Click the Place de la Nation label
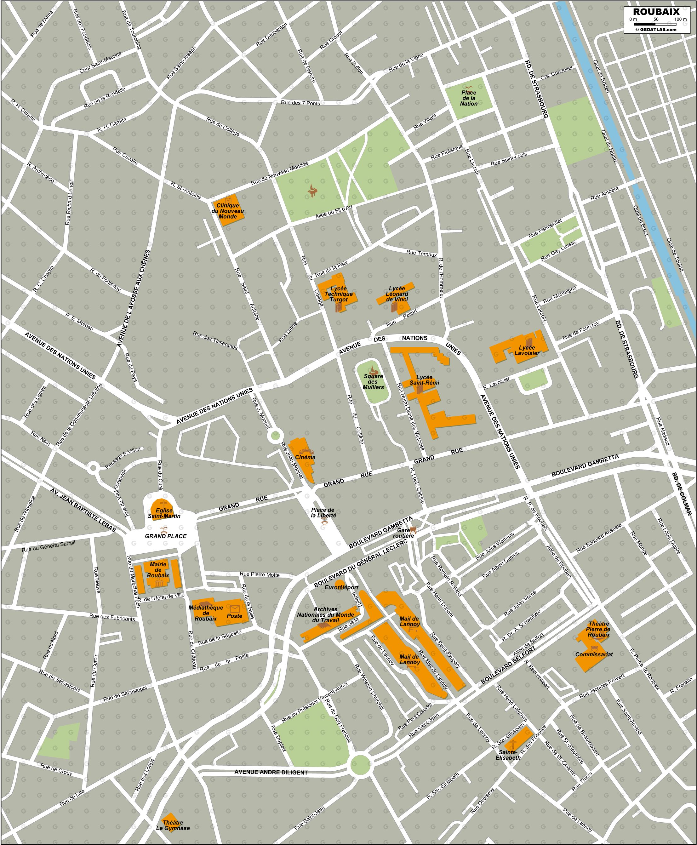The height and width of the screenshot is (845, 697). point(469,98)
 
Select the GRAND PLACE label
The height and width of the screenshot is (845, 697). point(166,536)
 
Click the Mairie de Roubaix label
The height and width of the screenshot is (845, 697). point(158,570)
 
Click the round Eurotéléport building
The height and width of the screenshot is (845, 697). point(340,582)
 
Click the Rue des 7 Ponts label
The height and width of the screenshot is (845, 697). point(300,103)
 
